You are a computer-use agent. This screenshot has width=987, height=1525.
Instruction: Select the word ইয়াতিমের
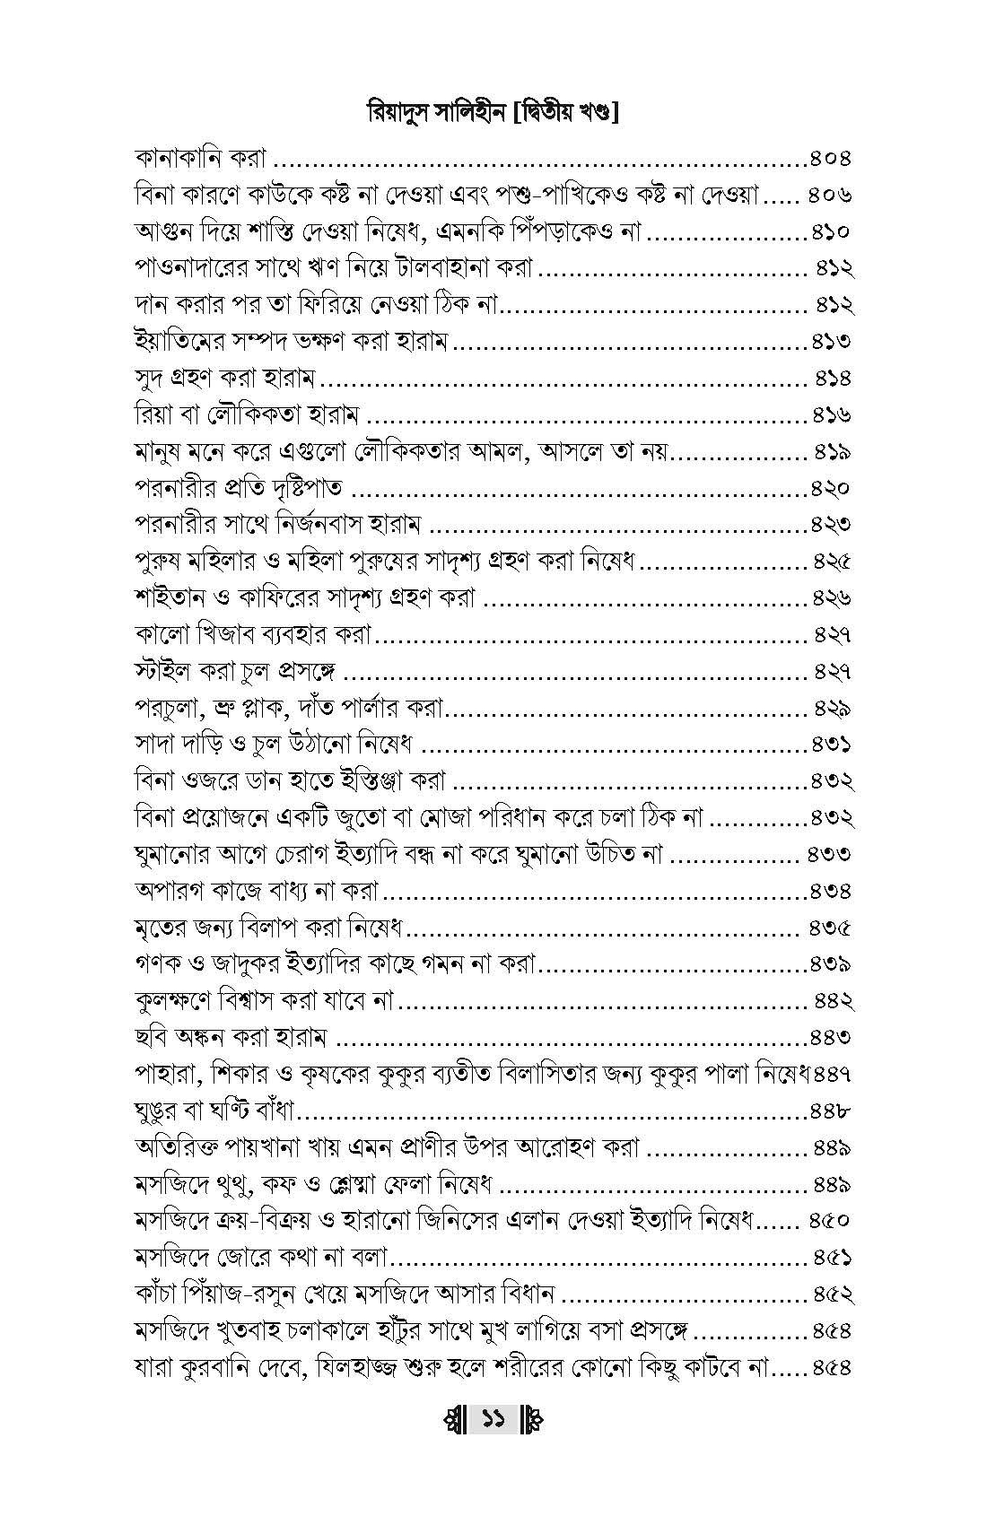(x=173, y=342)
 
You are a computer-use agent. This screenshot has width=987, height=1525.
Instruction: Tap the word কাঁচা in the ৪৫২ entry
(x=157, y=1294)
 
